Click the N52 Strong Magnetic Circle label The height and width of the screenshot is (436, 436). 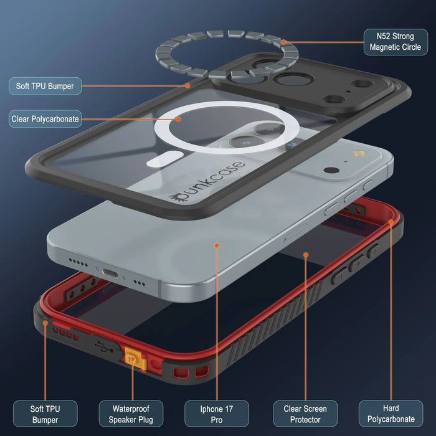pos(395,42)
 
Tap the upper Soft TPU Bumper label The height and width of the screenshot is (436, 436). pos(45,86)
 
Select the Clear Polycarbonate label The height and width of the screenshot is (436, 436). pos(45,118)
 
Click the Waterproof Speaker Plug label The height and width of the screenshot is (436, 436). pos(131,414)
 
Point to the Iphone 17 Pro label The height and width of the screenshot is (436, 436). pos(216,414)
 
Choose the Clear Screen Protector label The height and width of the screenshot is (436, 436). pos(305,414)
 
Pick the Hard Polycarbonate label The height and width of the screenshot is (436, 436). pos(391,414)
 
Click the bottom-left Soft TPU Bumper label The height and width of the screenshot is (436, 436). pos(45,414)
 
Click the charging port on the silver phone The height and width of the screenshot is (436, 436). pos(113,273)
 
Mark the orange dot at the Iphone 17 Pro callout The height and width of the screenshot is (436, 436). pos(217,245)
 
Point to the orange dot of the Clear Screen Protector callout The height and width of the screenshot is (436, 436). pos(306,254)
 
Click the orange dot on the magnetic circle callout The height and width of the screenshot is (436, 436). pos(283,42)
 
